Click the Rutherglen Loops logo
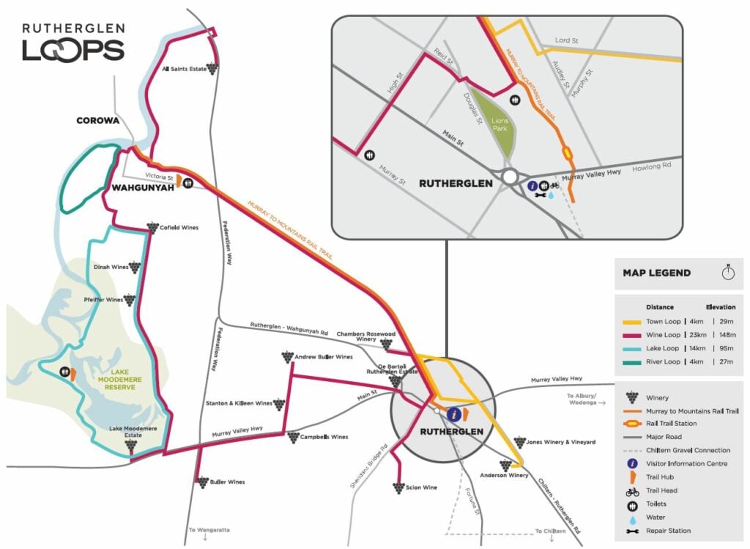click(73, 41)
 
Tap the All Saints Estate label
click(182, 70)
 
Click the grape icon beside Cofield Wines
click(152, 227)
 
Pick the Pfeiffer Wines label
click(104, 300)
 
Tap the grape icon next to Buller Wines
click(201, 482)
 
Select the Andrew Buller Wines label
click(323, 357)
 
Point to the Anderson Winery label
click(504, 475)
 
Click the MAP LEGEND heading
click(656, 273)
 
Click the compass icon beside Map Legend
click(727, 272)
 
